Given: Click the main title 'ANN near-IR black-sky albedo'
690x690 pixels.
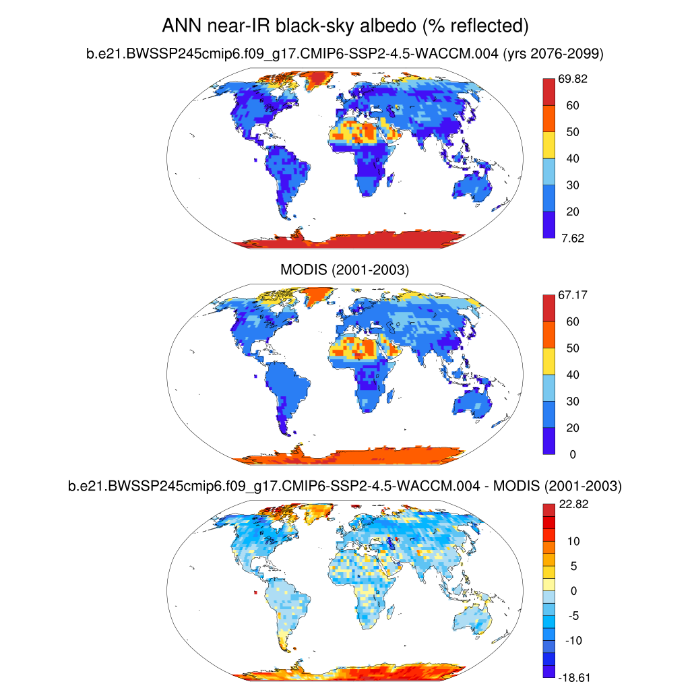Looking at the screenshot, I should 344,26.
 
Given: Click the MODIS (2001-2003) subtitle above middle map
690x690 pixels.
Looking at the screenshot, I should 344,270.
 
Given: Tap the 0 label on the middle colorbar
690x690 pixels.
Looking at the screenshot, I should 572,454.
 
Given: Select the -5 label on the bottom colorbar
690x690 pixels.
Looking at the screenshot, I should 572,616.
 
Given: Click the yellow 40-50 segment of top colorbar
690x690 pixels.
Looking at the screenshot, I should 549,145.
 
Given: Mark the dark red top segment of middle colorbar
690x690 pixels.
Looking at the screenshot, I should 549,308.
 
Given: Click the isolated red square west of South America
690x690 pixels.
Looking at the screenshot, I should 257,592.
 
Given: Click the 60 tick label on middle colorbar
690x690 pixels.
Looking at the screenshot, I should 572,321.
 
